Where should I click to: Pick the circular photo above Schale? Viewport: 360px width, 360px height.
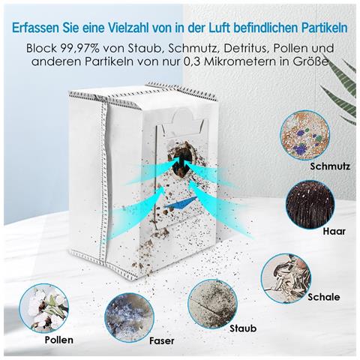pos(286,277)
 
